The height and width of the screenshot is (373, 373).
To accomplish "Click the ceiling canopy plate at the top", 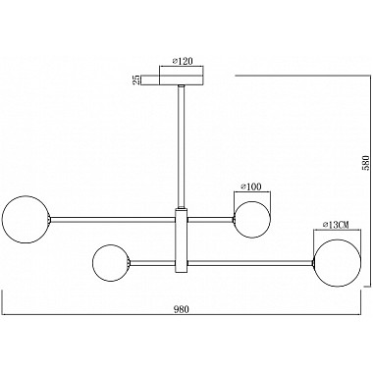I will click(x=182, y=78).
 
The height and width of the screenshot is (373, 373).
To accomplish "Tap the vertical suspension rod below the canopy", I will click(x=182, y=147).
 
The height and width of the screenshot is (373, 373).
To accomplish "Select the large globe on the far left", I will click(x=24, y=218).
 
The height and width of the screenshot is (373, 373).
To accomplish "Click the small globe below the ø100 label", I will click(x=251, y=218).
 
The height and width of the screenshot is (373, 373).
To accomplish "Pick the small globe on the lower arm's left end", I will click(x=111, y=262).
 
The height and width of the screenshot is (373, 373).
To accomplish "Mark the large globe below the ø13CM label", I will click(x=335, y=262).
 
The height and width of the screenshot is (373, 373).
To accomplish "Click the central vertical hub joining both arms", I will click(x=182, y=240).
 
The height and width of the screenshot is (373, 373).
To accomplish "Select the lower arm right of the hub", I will click(x=250, y=262).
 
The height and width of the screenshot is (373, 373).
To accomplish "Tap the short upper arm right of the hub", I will click(x=210, y=218).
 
